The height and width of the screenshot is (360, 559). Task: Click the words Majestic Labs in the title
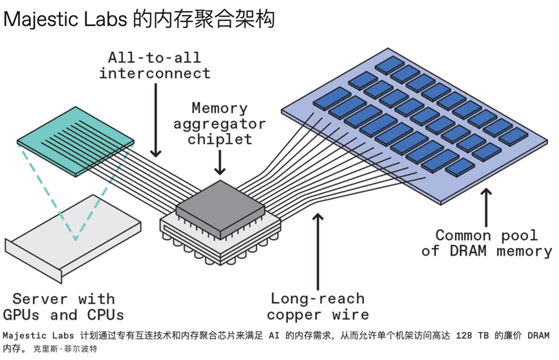point(65,19)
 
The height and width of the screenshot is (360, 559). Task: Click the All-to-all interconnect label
point(155,65)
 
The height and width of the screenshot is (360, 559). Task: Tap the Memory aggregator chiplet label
point(219,124)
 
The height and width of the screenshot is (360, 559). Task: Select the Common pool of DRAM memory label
point(487,243)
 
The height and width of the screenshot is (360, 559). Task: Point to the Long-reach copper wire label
point(318,306)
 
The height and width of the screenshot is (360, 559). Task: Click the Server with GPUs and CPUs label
point(63,307)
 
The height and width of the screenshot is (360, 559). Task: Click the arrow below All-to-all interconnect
point(155,120)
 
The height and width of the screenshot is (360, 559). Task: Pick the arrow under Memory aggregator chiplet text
point(220,163)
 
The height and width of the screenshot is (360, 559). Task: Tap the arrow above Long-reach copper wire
point(318,251)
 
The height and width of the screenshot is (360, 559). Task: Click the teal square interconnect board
point(76,142)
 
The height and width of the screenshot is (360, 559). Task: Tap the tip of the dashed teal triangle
point(75,240)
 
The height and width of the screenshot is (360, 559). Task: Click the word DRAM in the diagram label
point(468,251)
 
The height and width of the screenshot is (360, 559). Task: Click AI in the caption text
point(274,336)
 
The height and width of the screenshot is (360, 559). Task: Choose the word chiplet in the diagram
point(219,139)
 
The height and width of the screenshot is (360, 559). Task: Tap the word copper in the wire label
point(294,315)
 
